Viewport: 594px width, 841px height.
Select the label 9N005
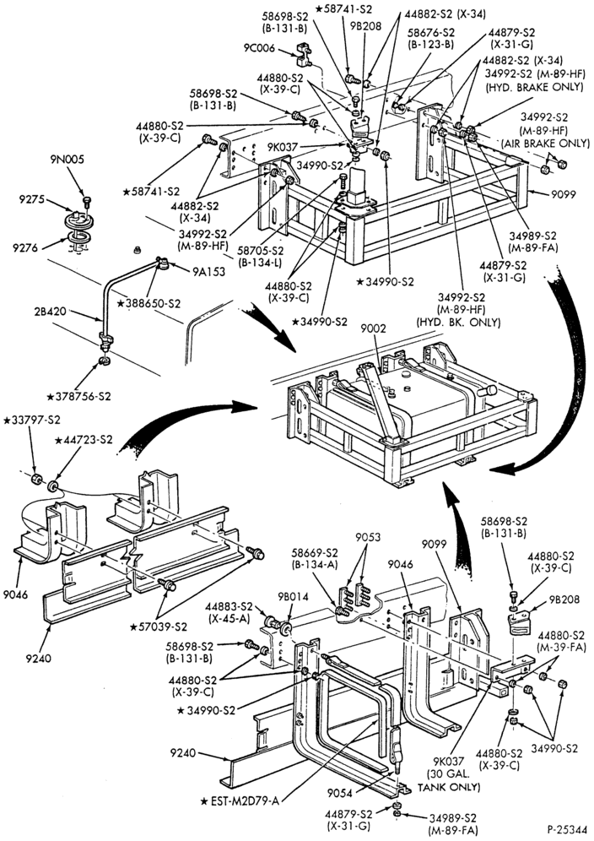tap(68, 160)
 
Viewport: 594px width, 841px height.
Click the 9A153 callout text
tap(209, 272)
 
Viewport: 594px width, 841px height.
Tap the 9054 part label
tap(339, 790)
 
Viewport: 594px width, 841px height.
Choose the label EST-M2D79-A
tap(240, 801)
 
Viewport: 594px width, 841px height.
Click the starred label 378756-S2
tap(79, 397)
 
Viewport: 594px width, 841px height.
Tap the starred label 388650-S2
tap(148, 304)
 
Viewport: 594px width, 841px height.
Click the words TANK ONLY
tap(449, 787)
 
